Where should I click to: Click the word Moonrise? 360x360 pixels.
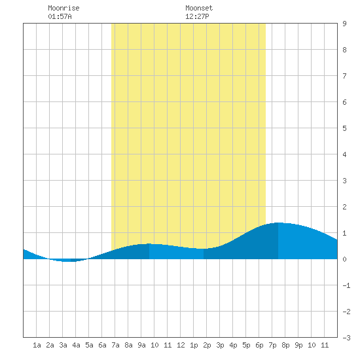(63, 8)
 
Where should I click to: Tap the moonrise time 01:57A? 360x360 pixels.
(60, 16)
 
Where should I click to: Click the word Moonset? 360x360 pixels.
(199, 8)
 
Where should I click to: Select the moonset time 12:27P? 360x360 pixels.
(197, 16)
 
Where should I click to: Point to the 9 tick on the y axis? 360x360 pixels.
(344, 24)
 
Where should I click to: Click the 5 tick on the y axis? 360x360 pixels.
(344, 128)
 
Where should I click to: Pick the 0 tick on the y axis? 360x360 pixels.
(344, 259)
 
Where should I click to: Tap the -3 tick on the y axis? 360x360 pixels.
(346, 338)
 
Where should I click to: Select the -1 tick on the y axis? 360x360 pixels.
(346, 285)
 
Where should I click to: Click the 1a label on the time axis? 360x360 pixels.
(37, 345)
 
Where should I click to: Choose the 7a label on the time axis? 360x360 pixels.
(115, 345)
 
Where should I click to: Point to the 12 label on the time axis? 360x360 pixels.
(181, 345)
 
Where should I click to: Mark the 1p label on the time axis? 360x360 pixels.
(194, 345)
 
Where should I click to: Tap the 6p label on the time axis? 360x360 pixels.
(259, 345)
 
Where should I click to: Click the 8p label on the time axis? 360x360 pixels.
(285, 345)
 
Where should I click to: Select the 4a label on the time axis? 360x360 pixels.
(76, 345)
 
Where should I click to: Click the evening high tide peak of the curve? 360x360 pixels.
(278, 223)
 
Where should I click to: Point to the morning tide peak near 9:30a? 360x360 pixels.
(149, 243)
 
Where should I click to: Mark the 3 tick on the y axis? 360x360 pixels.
(344, 181)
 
